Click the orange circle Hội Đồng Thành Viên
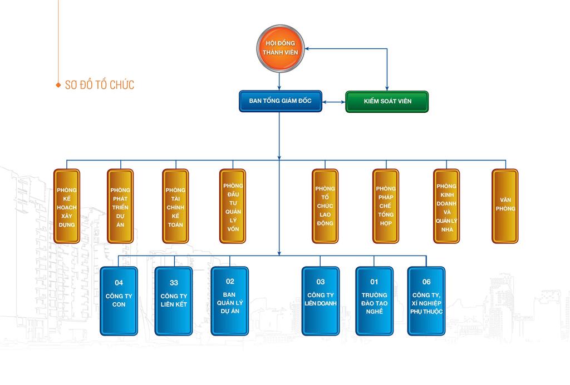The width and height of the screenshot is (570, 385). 281,48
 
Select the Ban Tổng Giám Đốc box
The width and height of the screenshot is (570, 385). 281,102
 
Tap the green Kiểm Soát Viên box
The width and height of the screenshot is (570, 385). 387,102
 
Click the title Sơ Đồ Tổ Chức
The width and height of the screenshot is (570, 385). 99,85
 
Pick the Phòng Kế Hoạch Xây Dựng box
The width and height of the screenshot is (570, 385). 67,206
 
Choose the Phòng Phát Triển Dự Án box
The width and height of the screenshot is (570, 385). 120,206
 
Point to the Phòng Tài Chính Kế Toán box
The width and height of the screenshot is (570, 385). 175,206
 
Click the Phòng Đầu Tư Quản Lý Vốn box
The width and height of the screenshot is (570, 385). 233,206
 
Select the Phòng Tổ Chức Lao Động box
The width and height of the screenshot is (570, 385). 325,206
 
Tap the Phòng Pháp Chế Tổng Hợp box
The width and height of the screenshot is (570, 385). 386,206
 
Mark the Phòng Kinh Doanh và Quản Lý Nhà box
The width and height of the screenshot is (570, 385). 446,206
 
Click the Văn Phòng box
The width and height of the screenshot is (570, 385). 505,206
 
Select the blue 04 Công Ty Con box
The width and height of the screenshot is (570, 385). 119,301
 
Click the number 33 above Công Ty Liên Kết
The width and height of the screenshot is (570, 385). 173,282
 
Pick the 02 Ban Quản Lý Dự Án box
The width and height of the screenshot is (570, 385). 230,301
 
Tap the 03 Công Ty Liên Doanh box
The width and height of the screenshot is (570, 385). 321,301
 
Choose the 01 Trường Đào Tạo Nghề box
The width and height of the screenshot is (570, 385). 374,301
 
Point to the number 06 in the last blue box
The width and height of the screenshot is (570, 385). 426,282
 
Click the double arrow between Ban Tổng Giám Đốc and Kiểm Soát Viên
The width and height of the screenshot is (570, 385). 334,102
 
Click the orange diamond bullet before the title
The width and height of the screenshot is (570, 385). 58,86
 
